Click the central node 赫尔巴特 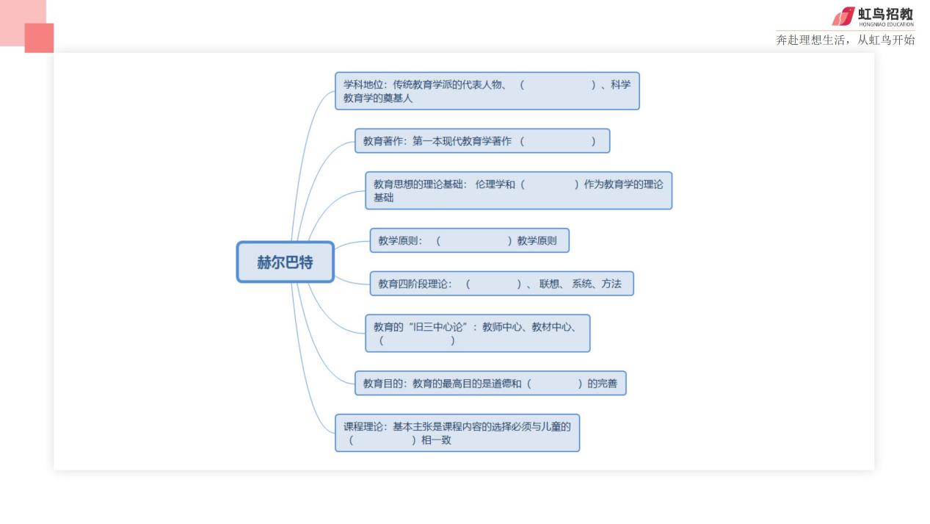286,262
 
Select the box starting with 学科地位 487,91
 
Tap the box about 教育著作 482,141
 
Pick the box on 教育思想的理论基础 518,191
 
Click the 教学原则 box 469,240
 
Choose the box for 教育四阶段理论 501,284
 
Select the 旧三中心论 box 477,333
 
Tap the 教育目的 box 490,383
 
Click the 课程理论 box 457,433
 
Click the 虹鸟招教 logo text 885,14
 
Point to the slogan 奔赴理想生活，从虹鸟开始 846,40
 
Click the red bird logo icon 843,16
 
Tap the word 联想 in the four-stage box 549,284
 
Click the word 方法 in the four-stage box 611,284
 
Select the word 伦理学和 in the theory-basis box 495,184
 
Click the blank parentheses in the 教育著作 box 558,141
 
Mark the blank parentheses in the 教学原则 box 473,240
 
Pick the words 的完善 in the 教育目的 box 602,384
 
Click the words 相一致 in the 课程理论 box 436,440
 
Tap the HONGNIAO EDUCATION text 887,24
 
